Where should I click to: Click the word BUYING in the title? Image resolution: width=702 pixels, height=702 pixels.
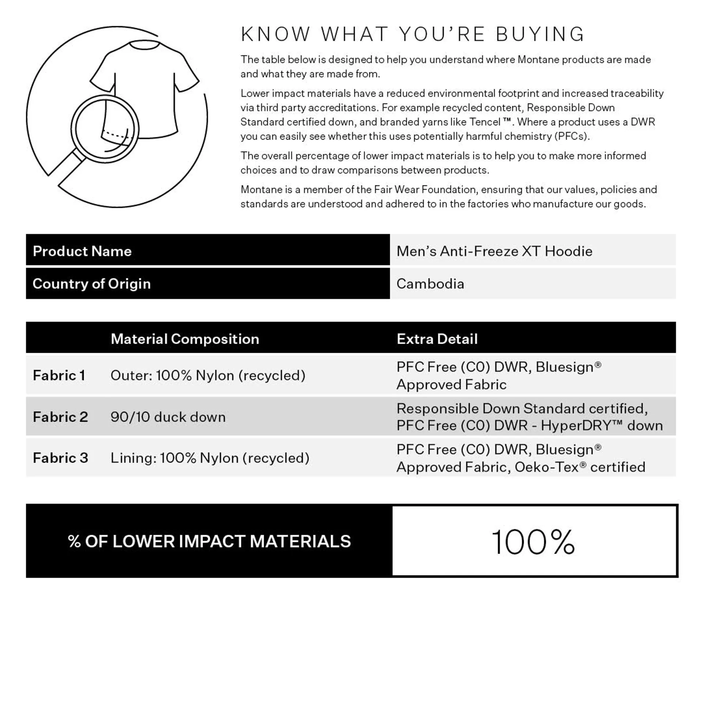[540, 34]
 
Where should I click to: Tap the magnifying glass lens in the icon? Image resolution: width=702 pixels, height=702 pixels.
[105, 129]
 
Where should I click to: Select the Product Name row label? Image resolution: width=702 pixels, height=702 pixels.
[82, 251]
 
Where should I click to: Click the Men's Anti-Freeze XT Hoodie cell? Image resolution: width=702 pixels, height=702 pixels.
[494, 251]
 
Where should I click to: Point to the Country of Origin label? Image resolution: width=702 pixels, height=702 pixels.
[91, 284]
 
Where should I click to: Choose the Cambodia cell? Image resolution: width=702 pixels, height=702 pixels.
[430, 284]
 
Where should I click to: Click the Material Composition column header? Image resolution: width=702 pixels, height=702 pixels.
[185, 339]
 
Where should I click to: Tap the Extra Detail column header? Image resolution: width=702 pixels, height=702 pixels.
[437, 339]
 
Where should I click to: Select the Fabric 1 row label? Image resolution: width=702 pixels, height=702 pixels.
[59, 375]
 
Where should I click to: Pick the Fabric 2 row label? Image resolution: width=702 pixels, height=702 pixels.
[60, 417]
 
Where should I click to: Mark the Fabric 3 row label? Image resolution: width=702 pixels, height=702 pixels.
[60, 458]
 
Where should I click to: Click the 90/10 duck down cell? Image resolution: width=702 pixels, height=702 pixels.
[168, 417]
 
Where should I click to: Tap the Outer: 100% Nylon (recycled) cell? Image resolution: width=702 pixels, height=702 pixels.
[208, 375]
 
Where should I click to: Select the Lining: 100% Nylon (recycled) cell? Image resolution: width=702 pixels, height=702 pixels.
[210, 458]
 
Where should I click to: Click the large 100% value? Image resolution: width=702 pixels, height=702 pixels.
[533, 542]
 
